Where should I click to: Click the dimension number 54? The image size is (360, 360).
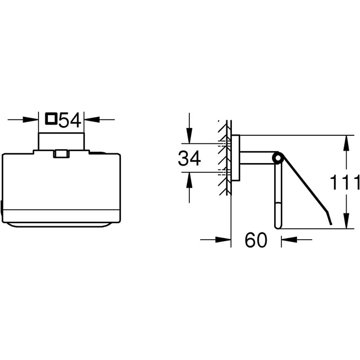click(69, 120)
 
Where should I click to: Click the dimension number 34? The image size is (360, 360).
click(189, 158)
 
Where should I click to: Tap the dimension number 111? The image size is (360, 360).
click(345, 182)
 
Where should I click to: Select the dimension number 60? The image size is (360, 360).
click(256, 240)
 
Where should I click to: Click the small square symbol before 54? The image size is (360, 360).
click(51, 119)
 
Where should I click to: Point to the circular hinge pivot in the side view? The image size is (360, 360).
click(277, 158)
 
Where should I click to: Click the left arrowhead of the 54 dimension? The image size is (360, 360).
click(30, 120)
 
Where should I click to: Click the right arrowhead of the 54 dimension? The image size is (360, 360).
click(92, 120)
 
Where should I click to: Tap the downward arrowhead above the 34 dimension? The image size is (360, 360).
click(189, 136)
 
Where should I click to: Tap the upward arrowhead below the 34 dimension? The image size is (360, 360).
click(189, 180)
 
